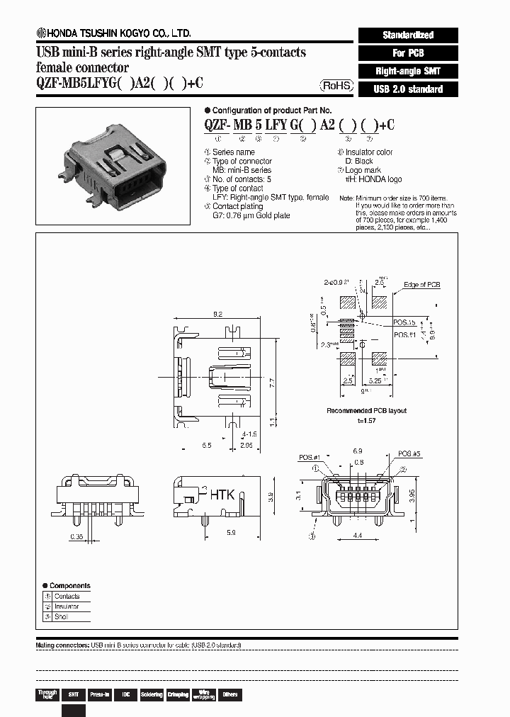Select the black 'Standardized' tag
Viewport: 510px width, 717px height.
(408, 35)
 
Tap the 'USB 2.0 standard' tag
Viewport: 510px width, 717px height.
(408, 89)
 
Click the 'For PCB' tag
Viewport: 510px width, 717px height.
(408, 53)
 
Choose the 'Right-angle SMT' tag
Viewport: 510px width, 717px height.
(408, 71)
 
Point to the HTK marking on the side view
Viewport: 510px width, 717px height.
(221, 495)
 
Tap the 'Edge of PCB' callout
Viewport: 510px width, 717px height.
(422, 285)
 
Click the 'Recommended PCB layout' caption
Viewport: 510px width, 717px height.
(366, 411)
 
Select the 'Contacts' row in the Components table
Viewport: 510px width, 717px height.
(67, 596)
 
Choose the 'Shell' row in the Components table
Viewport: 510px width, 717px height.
(67, 617)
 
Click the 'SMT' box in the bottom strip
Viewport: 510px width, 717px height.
(73, 695)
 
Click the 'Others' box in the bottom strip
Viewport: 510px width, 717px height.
(230, 695)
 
